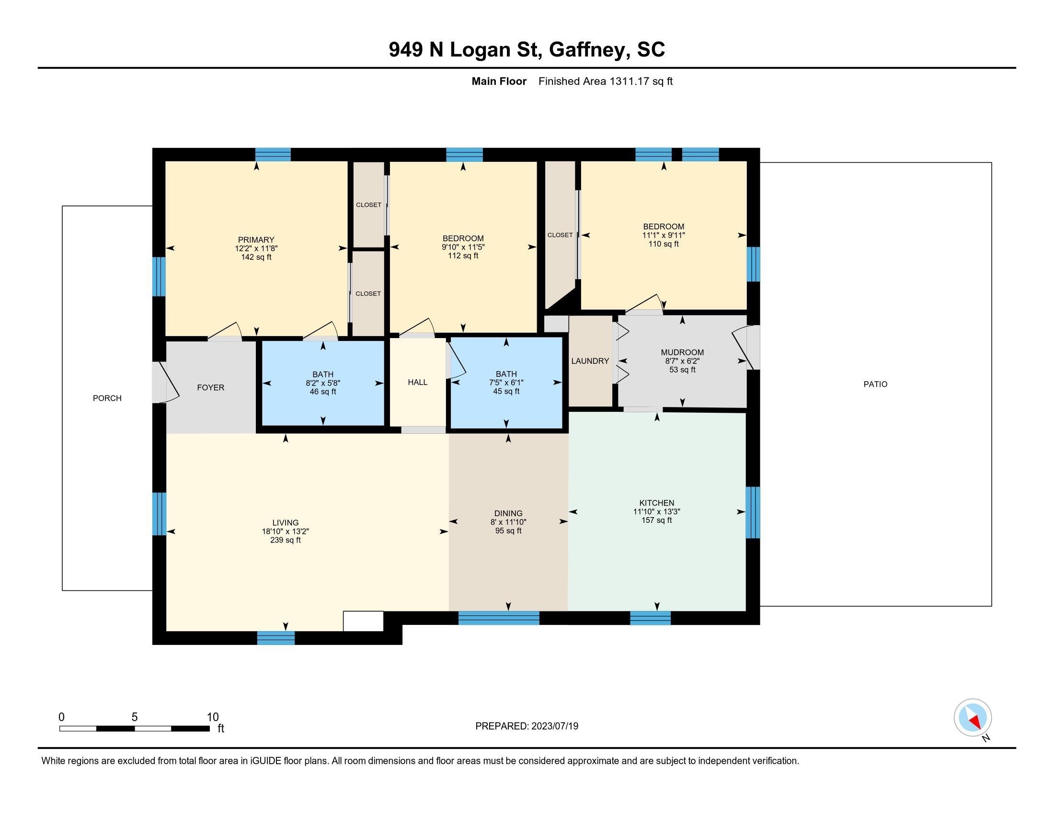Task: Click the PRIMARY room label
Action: point(256,240)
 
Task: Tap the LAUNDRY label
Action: point(590,361)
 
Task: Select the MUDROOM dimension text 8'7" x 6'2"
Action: point(682,361)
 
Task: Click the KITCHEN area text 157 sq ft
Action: point(656,520)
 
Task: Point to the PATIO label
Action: point(875,384)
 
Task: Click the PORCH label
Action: point(107,398)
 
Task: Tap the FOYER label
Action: point(210,387)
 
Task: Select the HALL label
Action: point(417,382)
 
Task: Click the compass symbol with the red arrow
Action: point(973,717)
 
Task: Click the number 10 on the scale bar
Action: point(212,717)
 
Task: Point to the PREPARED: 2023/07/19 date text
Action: point(527,726)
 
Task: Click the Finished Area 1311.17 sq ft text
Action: point(605,81)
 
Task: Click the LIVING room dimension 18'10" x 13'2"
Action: point(285,531)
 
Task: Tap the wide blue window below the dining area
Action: point(498,618)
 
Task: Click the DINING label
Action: point(508,513)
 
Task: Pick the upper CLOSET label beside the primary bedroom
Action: point(369,205)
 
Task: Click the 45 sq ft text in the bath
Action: point(506,391)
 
